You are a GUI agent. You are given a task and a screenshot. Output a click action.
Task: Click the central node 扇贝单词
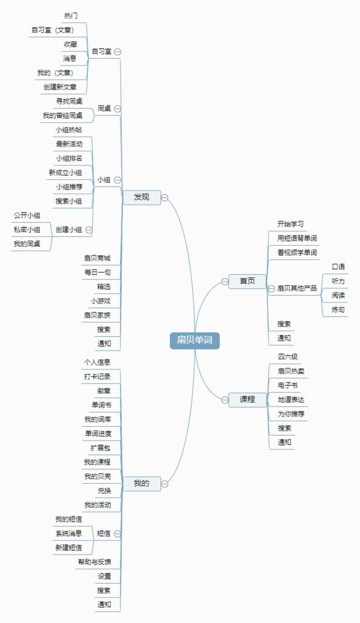coord(195,340)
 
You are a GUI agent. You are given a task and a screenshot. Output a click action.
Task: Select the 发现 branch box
coord(141,197)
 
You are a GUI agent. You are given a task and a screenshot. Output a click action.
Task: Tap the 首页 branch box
coord(247,281)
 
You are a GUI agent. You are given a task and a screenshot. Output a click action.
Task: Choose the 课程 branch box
coord(247,400)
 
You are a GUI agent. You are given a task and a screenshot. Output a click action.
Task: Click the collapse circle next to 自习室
coord(118,51)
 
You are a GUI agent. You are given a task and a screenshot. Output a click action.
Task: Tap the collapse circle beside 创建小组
coord(89,230)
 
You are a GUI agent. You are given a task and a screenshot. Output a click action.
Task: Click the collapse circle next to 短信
coord(117,533)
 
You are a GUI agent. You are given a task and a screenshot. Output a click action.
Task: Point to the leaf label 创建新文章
coord(60,87)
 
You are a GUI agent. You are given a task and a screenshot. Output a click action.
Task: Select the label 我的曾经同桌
coord(62,115)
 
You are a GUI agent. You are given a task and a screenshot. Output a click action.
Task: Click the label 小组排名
coord(69,158)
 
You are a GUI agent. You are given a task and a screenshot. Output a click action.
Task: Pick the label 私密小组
coord(27,229)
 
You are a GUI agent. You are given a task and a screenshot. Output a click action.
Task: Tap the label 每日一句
coord(97,272)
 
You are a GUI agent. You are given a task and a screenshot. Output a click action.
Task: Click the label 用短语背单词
coord(297,238)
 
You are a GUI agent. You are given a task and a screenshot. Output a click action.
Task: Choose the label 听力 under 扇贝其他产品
coord(338,281)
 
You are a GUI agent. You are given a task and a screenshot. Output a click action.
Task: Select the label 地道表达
coord(291,400)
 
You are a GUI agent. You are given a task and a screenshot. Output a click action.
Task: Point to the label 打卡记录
coord(97,376)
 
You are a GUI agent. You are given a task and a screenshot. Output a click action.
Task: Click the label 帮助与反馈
coord(95,562)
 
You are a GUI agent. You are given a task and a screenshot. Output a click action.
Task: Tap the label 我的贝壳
coord(97,476)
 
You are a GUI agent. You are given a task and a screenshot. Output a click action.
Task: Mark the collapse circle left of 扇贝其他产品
coord(271,288)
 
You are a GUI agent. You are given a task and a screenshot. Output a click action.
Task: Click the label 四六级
coord(288,357)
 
